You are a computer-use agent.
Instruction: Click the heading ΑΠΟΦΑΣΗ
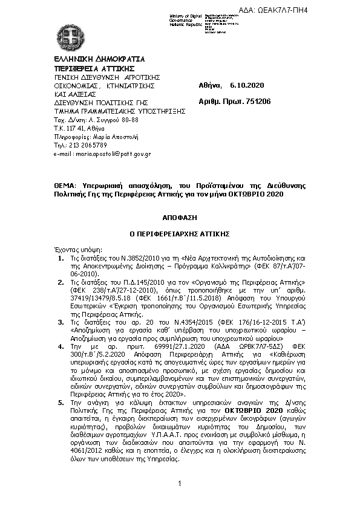[180, 216]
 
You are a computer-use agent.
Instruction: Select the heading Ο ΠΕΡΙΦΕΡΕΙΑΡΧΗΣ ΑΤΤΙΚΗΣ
[180, 233]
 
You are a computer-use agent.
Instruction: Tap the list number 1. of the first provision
[61, 258]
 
